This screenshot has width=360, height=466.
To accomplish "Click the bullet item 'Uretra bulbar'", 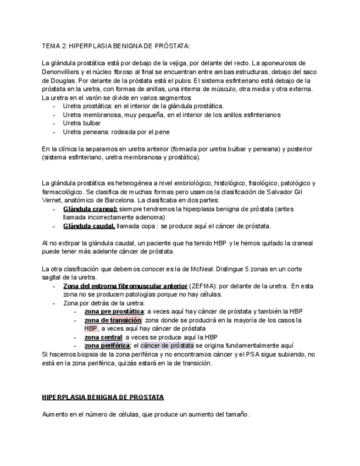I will click(82, 123).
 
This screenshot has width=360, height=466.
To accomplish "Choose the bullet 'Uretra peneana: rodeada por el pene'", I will click(116, 132).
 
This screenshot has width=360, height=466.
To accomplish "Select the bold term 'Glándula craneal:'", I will click(90, 209).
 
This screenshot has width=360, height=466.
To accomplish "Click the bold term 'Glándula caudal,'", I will click(89, 226).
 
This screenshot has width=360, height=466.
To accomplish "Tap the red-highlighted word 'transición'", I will click(126, 320).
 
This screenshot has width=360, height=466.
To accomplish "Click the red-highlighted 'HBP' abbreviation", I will click(91, 329).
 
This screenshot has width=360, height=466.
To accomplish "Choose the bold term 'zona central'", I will click(103, 337).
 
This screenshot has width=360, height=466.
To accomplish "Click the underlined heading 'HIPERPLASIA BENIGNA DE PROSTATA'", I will click(103, 397).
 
